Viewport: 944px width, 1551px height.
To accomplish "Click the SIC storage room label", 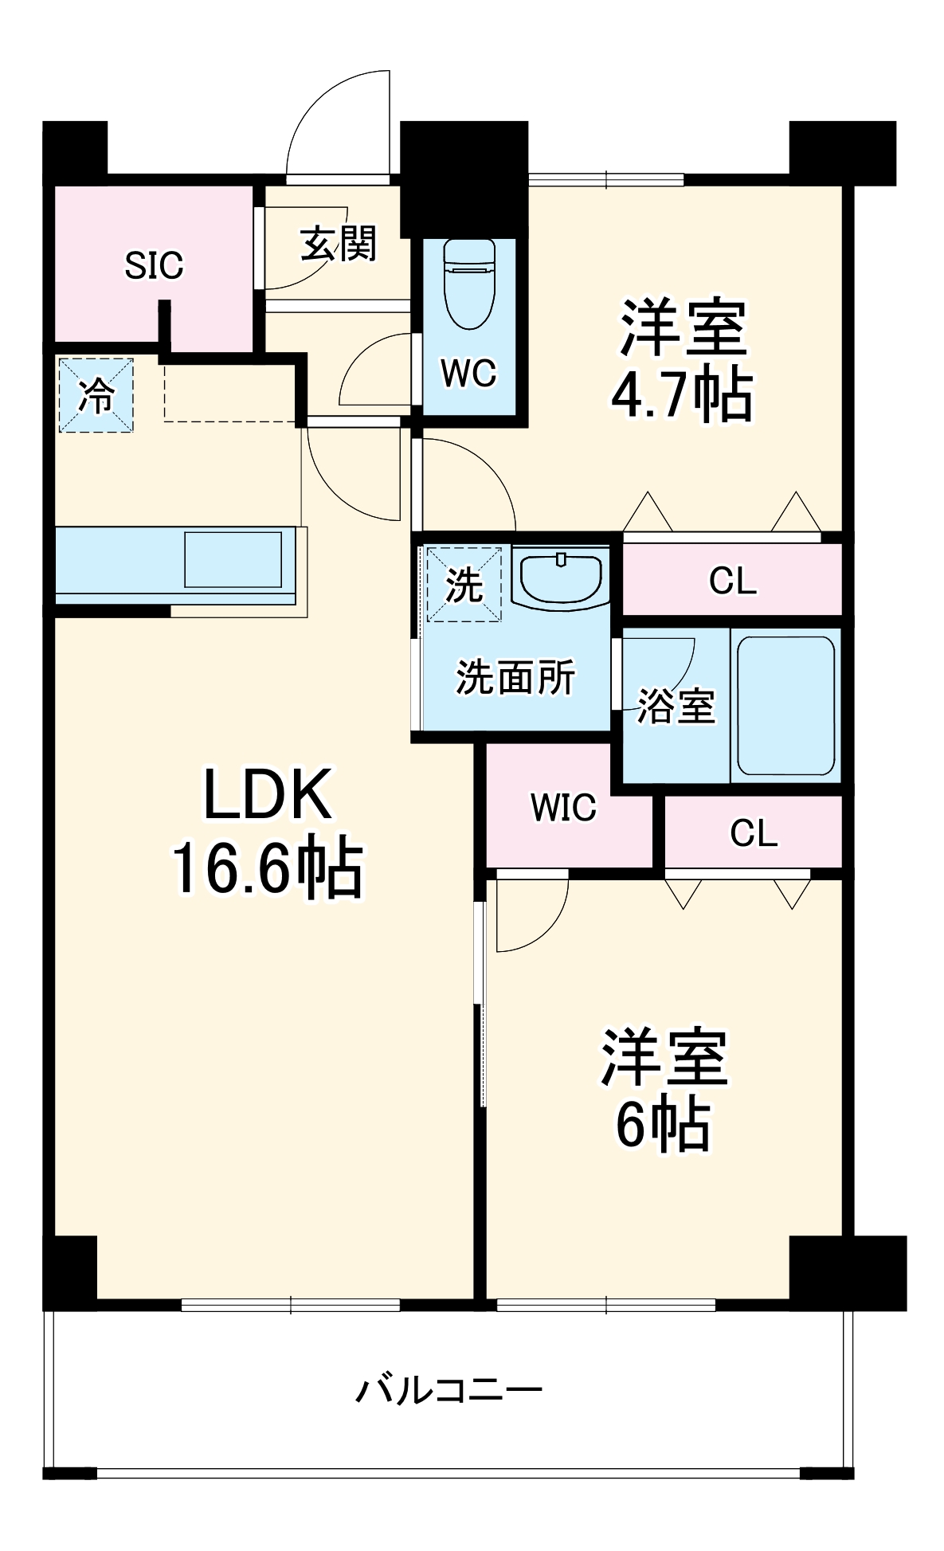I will click(x=154, y=265).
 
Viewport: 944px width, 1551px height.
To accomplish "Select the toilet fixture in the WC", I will click(x=469, y=283).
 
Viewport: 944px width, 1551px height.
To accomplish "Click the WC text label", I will click(x=469, y=373).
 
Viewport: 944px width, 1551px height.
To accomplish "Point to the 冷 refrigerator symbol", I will click(x=96, y=396).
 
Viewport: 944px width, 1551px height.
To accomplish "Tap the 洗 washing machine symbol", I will click(x=464, y=584).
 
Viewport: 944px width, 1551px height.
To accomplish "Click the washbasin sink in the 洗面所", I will click(x=561, y=575).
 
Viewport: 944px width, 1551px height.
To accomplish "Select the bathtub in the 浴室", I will click(x=785, y=705).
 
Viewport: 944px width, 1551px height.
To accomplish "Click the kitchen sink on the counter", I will click(x=233, y=560).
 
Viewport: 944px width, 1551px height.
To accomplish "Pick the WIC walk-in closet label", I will click(x=563, y=808).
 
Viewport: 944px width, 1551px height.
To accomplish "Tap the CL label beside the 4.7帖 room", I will click(x=732, y=581).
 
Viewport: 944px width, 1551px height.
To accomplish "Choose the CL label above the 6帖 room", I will click(x=753, y=833).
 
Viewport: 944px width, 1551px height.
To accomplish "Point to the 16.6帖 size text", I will click(x=267, y=869).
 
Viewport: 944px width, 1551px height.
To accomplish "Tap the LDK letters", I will click(x=267, y=795).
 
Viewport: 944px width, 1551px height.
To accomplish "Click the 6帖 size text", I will click(x=663, y=1124).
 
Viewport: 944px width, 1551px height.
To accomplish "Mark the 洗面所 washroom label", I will click(x=515, y=678).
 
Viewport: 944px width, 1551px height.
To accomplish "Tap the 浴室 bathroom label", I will click(x=676, y=705).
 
